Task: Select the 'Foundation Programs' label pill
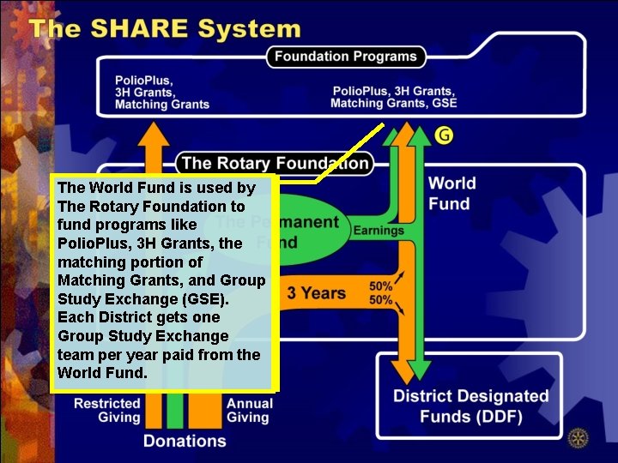345,57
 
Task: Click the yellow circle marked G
443,135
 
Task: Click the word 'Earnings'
379,231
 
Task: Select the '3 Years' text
316,293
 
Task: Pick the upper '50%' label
380,286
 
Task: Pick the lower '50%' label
380,300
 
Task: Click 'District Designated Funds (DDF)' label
470,406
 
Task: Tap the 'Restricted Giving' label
106,410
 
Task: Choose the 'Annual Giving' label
249,410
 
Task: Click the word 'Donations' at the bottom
185,441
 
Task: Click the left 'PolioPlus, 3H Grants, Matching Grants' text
161,93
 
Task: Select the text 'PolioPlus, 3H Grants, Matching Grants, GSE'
394,97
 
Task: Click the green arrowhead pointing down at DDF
419,370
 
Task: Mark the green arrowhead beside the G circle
419,135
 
